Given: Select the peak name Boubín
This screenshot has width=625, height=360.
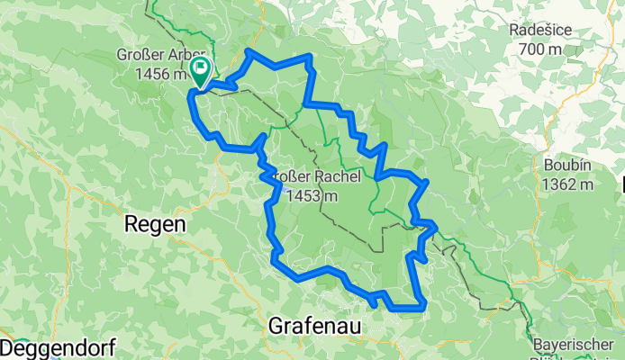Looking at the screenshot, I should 566,166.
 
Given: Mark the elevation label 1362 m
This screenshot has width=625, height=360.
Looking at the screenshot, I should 567,184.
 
